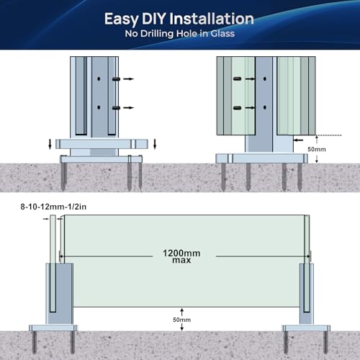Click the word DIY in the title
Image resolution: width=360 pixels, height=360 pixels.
point(155,19)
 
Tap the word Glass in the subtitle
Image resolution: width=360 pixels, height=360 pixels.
point(222,34)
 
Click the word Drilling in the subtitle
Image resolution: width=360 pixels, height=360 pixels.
point(157,34)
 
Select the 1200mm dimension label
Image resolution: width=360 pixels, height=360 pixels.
point(181,253)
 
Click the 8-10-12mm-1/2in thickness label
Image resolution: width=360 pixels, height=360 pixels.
point(53,207)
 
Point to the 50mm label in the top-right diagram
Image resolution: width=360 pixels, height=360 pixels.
point(317,149)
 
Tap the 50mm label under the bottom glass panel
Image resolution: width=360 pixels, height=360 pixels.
point(181,320)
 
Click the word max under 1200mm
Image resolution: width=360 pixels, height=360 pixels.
point(181,260)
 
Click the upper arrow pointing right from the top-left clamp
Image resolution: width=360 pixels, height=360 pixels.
point(129,78)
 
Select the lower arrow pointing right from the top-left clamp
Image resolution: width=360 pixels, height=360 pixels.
point(129,108)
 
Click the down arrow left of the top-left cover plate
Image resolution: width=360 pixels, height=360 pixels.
point(50,144)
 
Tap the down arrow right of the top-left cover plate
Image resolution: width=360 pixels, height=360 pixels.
point(155,144)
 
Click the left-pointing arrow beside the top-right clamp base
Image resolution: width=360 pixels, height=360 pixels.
point(299,140)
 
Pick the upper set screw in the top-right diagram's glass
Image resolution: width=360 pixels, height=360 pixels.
point(237,78)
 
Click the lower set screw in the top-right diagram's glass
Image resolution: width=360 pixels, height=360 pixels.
point(237,108)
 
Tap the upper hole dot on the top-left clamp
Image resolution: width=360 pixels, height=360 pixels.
point(99,78)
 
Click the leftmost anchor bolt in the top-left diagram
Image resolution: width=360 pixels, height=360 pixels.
point(63,176)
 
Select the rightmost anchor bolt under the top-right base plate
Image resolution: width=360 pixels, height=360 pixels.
point(300,177)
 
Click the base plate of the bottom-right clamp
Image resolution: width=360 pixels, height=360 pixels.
point(306,328)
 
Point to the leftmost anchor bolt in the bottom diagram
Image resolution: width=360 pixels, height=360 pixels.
point(34,342)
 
